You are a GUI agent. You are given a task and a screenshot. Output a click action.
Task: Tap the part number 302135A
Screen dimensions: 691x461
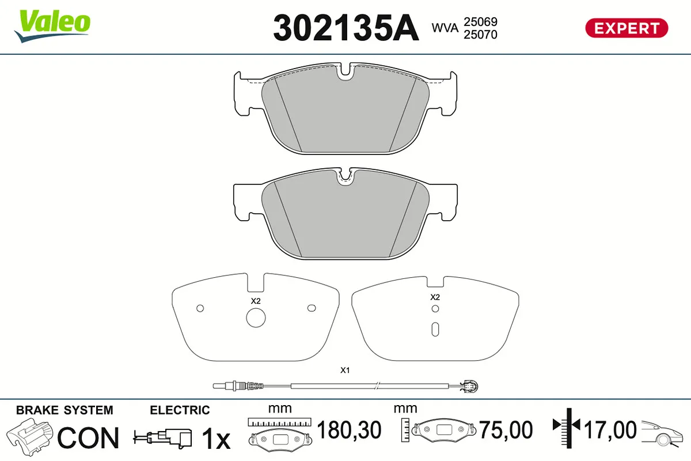point(346,28)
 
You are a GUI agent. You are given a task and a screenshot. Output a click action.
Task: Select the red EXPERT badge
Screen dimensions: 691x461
point(627,28)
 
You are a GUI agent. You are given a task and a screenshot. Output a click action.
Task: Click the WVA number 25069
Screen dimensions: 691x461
point(480,22)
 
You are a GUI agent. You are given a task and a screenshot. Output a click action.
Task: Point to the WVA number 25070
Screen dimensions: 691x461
point(480,35)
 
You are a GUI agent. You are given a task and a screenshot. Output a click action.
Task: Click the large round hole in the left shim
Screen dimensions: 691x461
point(256,318)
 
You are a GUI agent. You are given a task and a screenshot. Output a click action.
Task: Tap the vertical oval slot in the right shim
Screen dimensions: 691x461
point(435,330)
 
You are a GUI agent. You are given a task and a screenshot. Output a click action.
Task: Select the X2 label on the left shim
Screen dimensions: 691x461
point(256,301)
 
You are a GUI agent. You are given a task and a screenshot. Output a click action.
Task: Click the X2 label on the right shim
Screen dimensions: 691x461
point(435,297)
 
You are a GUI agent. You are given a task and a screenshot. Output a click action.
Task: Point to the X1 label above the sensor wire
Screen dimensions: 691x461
point(345,370)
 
